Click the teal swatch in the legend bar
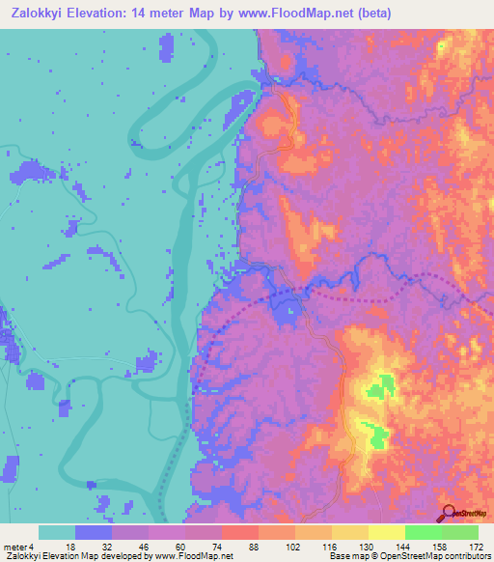[57, 532]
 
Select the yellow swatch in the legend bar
[386, 532]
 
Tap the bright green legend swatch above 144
[423, 532]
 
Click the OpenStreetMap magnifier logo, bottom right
[449, 513]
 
